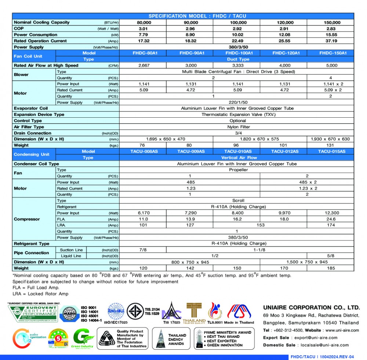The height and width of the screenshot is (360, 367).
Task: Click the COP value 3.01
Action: (x=143, y=29)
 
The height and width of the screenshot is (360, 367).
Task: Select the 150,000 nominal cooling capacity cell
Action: (x=332, y=22)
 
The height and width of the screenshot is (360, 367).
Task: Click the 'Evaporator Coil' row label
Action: (x=31, y=109)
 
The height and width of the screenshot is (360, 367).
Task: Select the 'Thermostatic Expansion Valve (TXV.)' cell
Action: (x=238, y=115)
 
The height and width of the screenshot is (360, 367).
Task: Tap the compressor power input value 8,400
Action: (x=237, y=213)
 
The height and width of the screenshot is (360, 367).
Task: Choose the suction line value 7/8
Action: (x=143, y=250)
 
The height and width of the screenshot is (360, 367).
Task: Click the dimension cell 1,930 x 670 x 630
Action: (x=330, y=139)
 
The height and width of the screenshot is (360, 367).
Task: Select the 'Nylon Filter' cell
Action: (x=238, y=127)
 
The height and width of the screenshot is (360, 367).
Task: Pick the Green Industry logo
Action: (x=83, y=338)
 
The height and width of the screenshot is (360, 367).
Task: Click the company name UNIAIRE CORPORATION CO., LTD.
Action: (x=312, y=308)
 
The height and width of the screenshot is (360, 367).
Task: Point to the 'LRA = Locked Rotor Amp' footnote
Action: (x=40, y=294)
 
